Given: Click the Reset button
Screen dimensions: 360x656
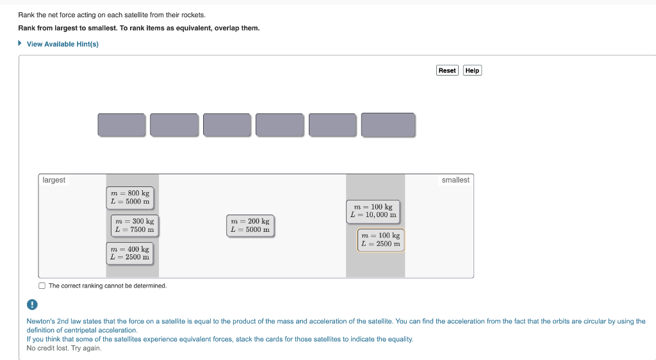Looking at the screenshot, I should tap(447, 70).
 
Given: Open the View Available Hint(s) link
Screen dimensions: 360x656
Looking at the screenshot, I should tap(62, 44).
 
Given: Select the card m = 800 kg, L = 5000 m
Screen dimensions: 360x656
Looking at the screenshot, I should tap(130, 197).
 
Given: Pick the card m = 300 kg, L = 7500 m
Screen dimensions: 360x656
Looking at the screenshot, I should tap(135, 225).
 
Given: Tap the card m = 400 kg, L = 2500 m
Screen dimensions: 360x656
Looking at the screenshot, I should tap(130, 253).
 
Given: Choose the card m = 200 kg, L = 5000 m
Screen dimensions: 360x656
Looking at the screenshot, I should tap(250, 225).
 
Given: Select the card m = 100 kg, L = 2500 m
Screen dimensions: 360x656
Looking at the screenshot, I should tap(381, 240).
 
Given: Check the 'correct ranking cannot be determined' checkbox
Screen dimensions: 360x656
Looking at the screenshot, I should tap(42, 286).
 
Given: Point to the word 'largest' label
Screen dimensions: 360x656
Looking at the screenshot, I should tap(54, 180).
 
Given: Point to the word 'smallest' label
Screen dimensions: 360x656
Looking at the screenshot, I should tap(455, 180).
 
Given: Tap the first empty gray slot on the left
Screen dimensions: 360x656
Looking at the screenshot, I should tap(122, 125).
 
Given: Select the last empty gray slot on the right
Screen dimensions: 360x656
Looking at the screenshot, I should tap(388, 125).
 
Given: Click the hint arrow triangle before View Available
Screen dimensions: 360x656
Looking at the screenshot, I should tap(20, 44).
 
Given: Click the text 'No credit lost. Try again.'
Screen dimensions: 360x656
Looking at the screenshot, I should tap(63, 348).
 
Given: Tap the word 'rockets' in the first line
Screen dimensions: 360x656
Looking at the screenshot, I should tap(193, 14).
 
